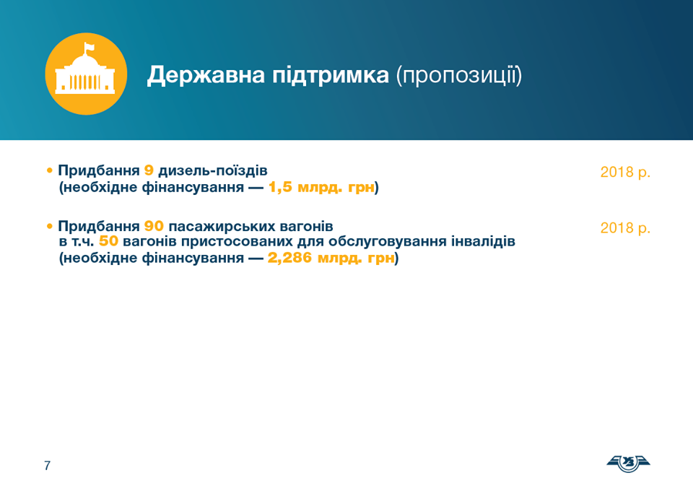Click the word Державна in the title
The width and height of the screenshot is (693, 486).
click(x=206, y=74)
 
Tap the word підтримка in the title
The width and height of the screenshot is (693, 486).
click(x=331, y=75)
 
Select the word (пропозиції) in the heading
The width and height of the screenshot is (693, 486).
click(x=459, y=75)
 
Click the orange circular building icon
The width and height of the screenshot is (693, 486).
click(x=86, y=74)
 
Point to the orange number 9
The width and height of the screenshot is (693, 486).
click(x=149, y=170)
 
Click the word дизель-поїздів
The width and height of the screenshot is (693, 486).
click(x=213, y=170)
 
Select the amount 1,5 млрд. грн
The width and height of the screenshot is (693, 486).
click(x=322, y=188)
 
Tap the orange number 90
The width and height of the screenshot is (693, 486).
click(x=154, y=227)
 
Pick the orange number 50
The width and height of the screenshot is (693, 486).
click(x=109, y=241)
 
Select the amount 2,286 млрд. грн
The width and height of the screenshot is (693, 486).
click(x=331, y=258)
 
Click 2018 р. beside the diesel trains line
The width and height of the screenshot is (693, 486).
click(x=625, y=172)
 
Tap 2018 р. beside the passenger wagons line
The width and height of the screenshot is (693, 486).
click(x=625, y=228)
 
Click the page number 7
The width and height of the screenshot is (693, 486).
click(x=48, y=465)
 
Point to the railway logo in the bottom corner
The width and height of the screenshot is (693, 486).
click(x=628, y=463)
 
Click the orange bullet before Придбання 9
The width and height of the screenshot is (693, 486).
click(x=50, y=170)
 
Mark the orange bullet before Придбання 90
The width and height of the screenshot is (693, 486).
click(x=50, y=227)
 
